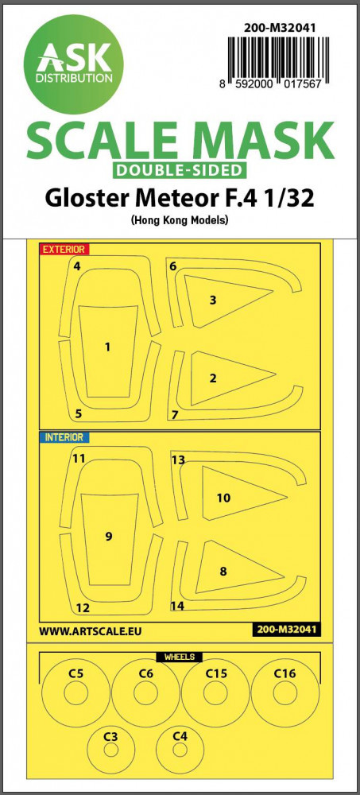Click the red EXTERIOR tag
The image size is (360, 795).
point(63,249)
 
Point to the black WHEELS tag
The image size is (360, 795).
point(180,657)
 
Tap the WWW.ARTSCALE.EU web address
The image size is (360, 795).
point(90,631)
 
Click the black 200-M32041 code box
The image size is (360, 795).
point(285,630)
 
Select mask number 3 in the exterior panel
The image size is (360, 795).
point(228,301)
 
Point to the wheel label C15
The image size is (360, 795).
point(215,674)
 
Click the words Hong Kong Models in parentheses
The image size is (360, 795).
point(180,220)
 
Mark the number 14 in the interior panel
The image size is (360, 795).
point(177,606)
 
